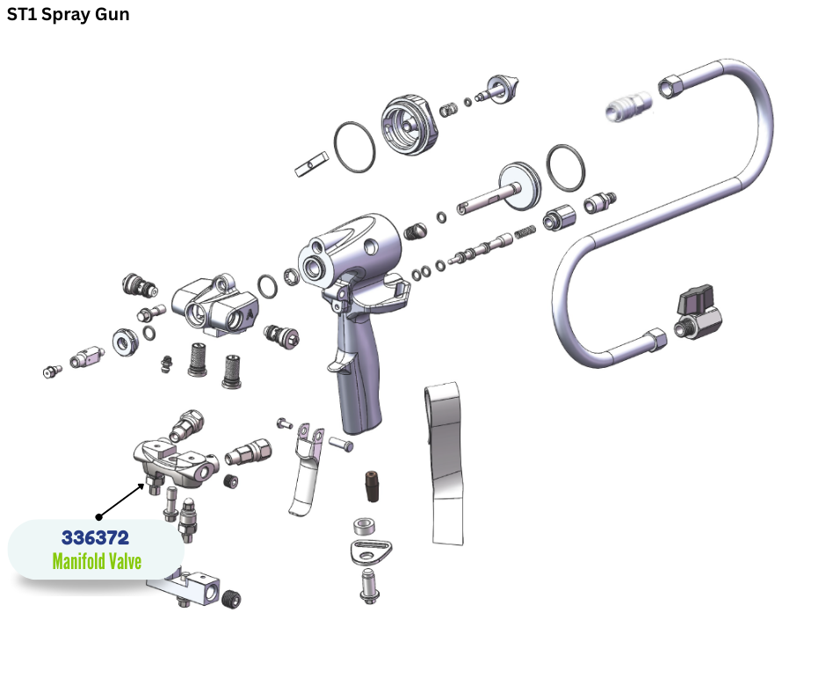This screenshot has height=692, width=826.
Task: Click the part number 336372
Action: point(95,537)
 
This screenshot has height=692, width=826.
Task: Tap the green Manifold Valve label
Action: point(97,561)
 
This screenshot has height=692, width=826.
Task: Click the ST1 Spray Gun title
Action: point(68,14)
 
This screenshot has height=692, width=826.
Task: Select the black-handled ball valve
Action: point(698,313)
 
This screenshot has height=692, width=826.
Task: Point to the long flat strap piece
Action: point(446,464)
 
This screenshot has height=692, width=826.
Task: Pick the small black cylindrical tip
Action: point(372,487)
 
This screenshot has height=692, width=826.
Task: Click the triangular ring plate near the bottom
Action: point(371,551)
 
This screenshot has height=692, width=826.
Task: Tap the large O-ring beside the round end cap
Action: point(354,147)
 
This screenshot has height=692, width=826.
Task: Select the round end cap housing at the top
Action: point(409,125)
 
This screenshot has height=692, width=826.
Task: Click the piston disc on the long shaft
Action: point(519,186)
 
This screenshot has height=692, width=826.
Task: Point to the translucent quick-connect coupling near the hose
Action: point(628,106)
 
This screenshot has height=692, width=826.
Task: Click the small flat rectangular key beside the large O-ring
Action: point(311,164)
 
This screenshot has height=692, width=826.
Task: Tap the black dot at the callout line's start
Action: point(98,517)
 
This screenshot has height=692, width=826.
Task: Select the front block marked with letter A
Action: point(215,306)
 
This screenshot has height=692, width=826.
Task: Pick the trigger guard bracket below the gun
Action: point(307,469)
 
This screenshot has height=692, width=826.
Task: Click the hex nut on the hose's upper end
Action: point(670,86)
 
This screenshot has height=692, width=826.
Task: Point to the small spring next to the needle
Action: point(525,232)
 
